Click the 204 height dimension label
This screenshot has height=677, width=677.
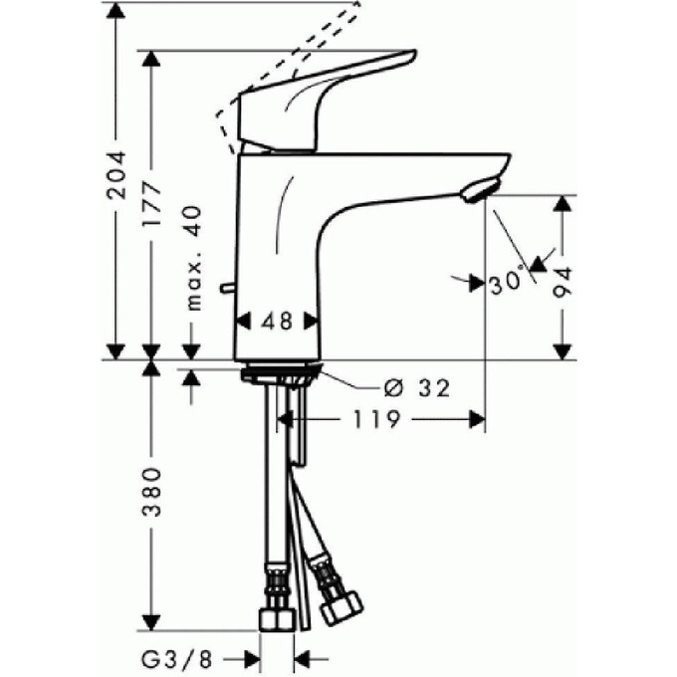[117, 175]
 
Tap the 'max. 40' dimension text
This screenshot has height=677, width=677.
[193, 258]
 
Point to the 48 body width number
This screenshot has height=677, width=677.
[278, 322]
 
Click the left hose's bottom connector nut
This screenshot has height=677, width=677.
[276, 618]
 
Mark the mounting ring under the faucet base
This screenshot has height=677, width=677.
[281, 374]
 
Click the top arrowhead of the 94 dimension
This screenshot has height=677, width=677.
[564, 203]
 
